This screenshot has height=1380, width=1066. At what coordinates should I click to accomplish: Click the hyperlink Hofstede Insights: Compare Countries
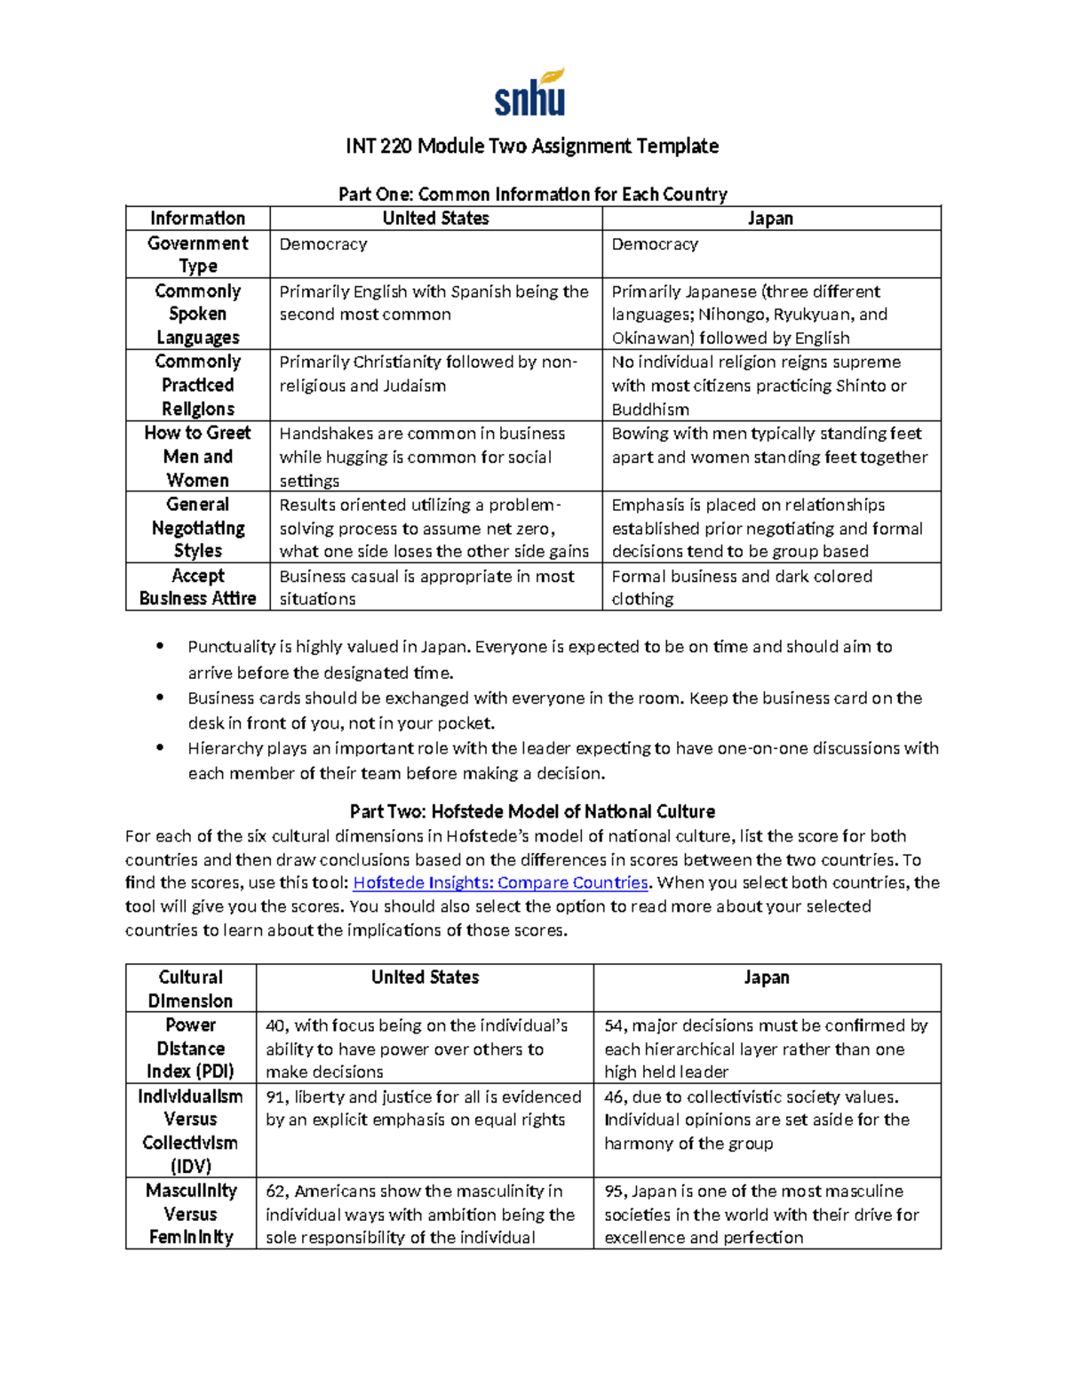[501, 882]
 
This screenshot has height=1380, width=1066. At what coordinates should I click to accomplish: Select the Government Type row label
[197, 254]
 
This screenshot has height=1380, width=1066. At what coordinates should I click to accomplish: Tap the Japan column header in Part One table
[770, 219]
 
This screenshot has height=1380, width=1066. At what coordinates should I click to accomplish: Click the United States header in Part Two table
[425, 977]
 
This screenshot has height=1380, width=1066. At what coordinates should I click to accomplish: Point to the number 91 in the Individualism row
[275, 1097]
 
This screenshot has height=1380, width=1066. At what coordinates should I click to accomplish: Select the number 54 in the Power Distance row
[614, 1025]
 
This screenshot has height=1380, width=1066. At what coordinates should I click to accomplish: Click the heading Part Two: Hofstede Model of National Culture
[532, 811]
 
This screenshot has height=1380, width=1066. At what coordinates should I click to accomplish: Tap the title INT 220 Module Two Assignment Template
[532, 146]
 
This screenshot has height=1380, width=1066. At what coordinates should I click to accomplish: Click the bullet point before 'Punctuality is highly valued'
[160, 647]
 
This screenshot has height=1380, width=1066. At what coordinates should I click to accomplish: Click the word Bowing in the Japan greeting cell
[640, 434]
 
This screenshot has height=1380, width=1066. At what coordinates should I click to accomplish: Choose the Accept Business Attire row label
[197, 586]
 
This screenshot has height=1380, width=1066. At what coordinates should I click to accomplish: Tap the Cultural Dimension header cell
[190, 988]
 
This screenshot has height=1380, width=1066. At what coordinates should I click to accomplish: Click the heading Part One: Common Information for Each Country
[532, 194]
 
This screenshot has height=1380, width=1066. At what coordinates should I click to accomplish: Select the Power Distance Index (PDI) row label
[190, 1048]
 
